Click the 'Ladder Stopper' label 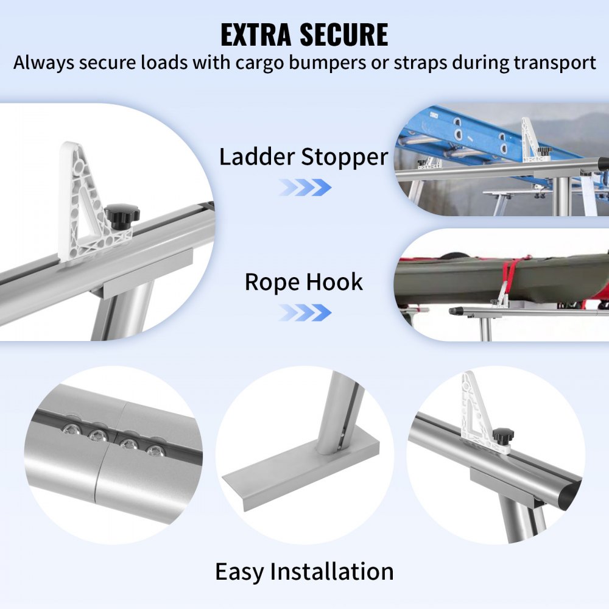(x=303, y=157)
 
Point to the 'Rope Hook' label (x=303, y=283)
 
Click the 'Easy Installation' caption (x=304, y=572)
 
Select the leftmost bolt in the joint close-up (x=68, y=430)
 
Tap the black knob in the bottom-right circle (x=503, y=436)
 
